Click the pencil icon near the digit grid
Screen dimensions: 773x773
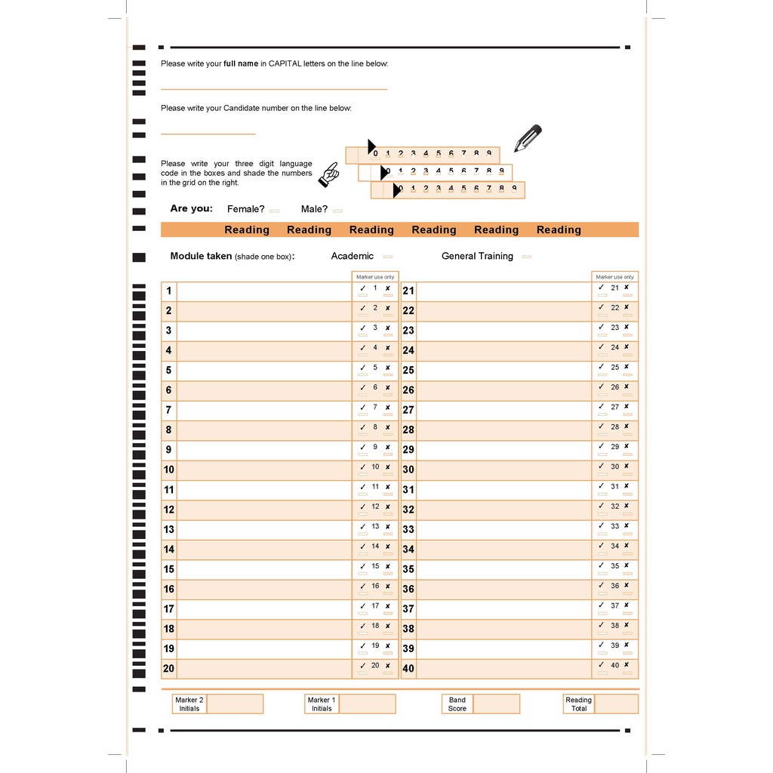[528, 138]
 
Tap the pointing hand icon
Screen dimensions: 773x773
[328, 174]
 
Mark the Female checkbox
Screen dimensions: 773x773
[275, 211]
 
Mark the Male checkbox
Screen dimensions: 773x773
[337, 211]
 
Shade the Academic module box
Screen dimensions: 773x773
[388, 257]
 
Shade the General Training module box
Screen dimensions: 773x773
[526, 257]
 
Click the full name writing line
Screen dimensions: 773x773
[273, 88]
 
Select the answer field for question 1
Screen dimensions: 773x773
[264, 291]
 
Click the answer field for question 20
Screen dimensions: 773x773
[264, 669]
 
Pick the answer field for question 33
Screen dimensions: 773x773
[504, 530]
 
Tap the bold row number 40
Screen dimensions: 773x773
[408, 669]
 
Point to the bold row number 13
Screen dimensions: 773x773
[168, 530]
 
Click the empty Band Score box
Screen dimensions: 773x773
[496, 704]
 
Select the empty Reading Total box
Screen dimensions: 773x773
[616, 704]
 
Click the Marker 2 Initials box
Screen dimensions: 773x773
[235, 704]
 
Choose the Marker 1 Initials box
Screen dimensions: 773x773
[367, 704]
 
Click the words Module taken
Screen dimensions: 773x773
[201, 257]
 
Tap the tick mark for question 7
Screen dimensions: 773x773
[362, 408]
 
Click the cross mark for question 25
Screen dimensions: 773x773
[627, 367]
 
